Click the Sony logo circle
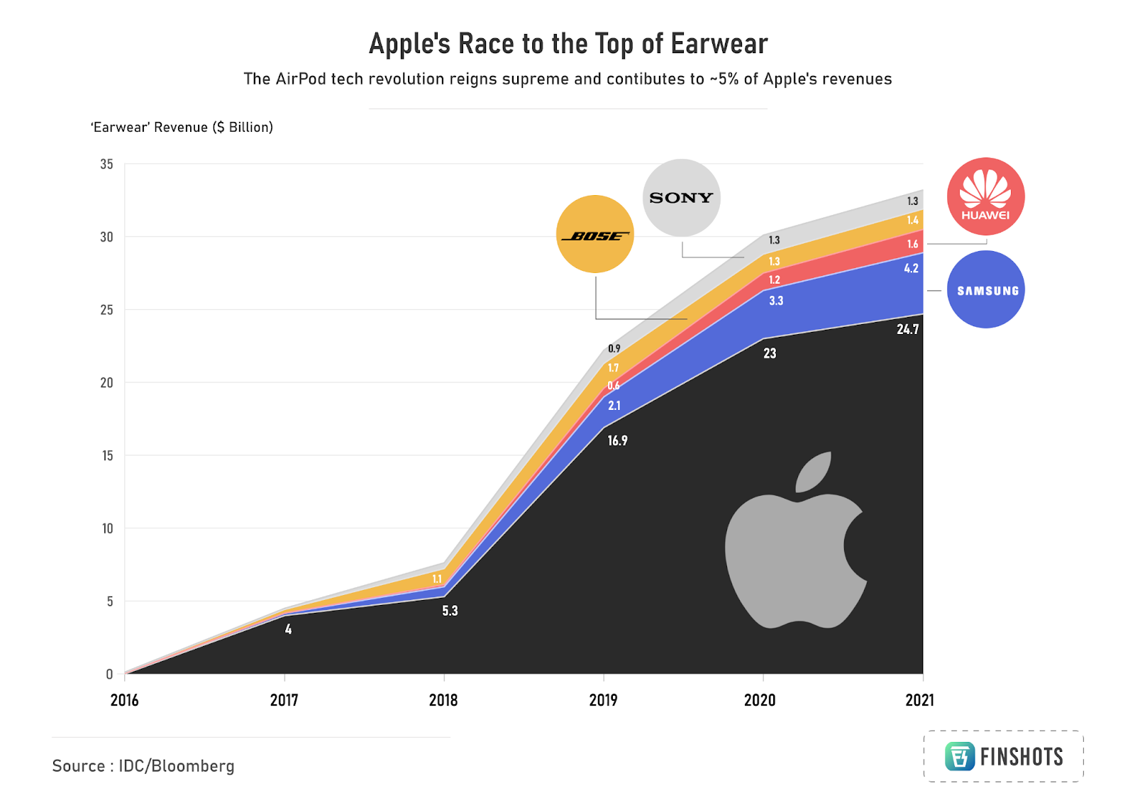[x=681, y=198]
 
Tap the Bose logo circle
[x=594, y=235]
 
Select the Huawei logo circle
[x=985, y=196]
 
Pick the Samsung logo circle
[x=986, y=289]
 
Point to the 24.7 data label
[x=907, y=329]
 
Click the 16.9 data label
[x=617, y=440]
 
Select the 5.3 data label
[x=450, y=611]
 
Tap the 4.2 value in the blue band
[x=911, y=268]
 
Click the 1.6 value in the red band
[x=912, y=244]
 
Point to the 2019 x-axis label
[x=603, y=700]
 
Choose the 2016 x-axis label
[x=124, y=700]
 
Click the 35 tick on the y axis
[x=106, y=164]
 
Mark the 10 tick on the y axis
[x=107, y=528]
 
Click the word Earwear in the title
[x=719, y=44]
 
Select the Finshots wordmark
[x=1021, y=757]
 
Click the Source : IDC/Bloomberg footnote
[x=143, y=766]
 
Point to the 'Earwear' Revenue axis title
[x=182, y=127]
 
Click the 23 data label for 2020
[x=770, y=353]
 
